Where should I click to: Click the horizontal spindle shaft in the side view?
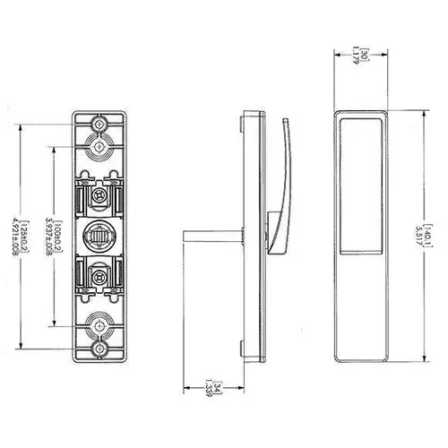[213, 237]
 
